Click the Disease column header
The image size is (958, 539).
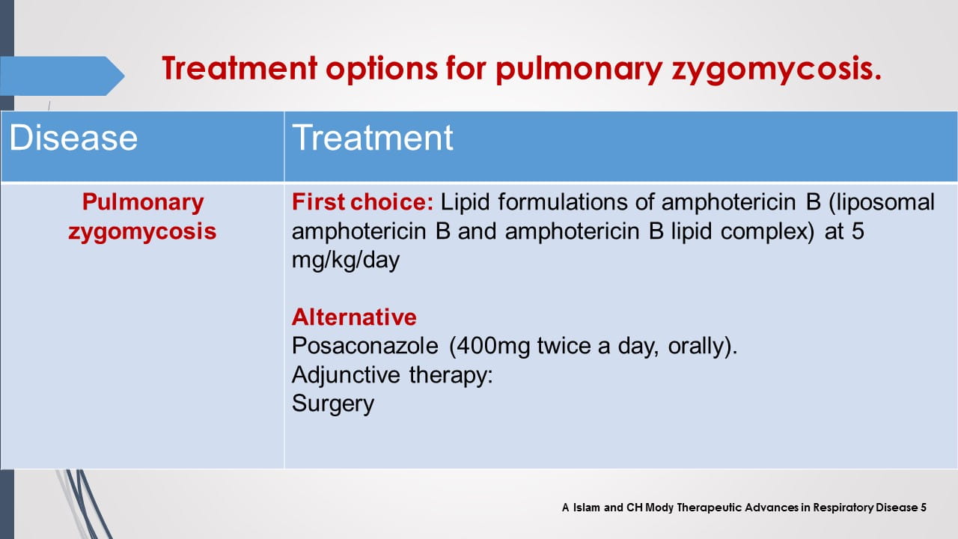pyautogui.click(x=73, y=138)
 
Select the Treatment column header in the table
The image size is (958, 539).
pyautogui.click(x=372, y=138)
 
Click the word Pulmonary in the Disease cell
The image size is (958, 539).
pyautogui.click(x=142, y=202)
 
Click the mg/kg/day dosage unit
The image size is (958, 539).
pyautogui.click(x=345, y=261)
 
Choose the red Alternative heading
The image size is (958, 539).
pyautogui.click(x=354, y=317)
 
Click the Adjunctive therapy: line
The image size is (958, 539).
pyautogui.click(x=392, y=375)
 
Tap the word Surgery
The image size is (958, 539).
pyautogui.click(x=332, y=404)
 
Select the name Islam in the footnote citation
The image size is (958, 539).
pyautogui.click(x=585, y=508)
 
